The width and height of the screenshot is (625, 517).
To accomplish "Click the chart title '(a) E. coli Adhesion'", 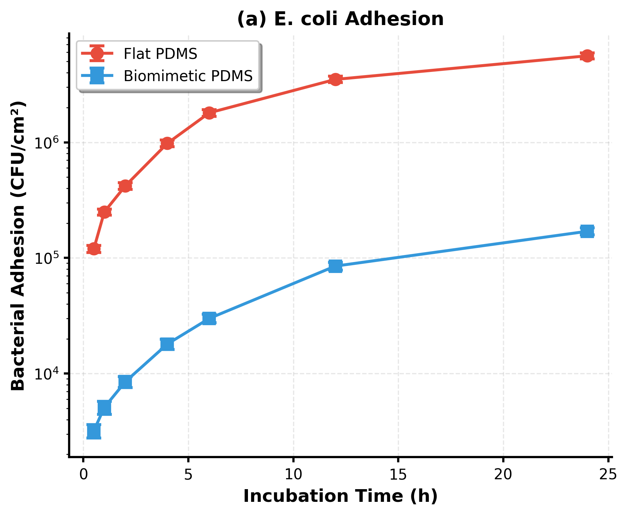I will coord(340,19).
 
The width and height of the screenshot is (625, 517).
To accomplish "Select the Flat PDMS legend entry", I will coord(160,54).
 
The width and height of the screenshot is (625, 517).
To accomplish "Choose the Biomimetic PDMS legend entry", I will coord(188,76).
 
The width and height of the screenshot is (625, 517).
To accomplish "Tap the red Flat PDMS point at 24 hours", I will coord(587,56).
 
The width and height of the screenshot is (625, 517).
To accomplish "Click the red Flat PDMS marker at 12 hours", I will coord(335,79).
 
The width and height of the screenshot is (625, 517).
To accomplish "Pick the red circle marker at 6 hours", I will coord(209,113).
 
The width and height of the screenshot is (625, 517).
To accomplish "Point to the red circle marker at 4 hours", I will coord(167,144).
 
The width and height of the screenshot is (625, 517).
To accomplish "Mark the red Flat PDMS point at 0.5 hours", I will coord(94,249).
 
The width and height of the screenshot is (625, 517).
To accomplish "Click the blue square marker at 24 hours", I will coord(587,231).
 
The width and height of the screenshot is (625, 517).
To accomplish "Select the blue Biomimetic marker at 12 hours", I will coord(335,266).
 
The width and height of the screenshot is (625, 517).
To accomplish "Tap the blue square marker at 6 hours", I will coord(209,318).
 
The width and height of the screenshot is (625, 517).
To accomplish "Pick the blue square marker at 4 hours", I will coord(167,344).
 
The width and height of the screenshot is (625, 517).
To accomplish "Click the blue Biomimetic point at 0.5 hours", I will coord(94,431).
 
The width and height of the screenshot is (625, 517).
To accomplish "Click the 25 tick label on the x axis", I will coord(608,475).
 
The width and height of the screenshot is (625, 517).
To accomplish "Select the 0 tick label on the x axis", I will coord(83,475).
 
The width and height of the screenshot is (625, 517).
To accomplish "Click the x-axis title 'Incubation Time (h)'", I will coord(340,496).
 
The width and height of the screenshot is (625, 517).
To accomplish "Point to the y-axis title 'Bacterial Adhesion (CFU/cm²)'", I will coord(18,245).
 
